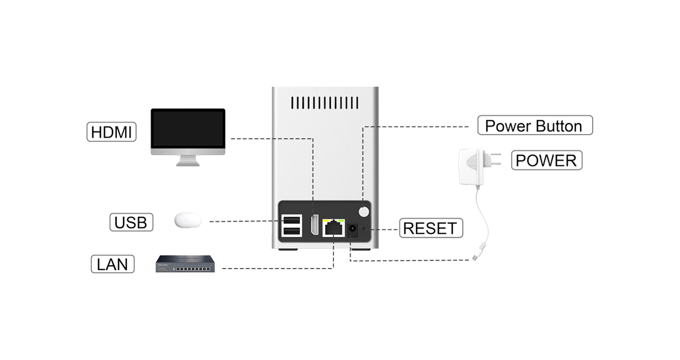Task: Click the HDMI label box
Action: tap(111, 133)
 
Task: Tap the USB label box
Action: tap(131, 222)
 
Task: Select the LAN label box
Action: tap(112, 264)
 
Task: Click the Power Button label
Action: tap(535, 125)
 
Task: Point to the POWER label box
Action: tap(546, 160)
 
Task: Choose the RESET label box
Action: tap(431, 228)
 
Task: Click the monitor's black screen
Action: tap(188, 129)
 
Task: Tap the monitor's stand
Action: tap(188, 160)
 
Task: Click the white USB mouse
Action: tap(188, 220)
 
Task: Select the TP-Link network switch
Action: tap(185, 264)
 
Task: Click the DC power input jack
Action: tap(351, 231)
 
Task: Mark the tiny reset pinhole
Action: tap(364, 229)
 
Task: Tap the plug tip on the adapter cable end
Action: tap(474, 257)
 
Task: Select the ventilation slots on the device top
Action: tap(325, 103)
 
